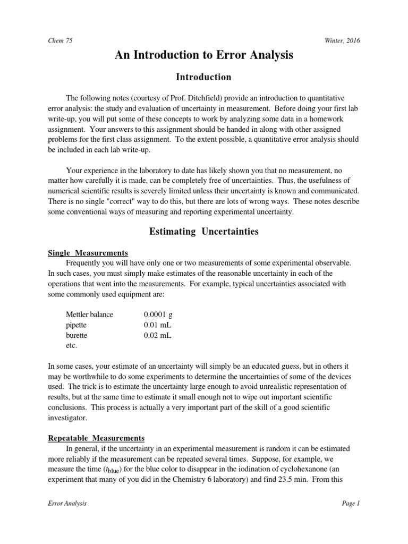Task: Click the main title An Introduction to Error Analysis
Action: pyautogui.click(x=204, y=55)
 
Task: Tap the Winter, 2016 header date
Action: pyautogui.click(x=341, y=41)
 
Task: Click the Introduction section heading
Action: pyautogui.click(x=204, y=78)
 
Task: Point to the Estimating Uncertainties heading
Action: pyautogui.click(x=204, y=232)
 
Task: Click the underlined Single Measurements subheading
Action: pyautogui.click(x=88, y=252)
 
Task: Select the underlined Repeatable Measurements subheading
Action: pyautogui.click(x=96, y=438)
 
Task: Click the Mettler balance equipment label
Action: pyautogui.click(x=89, y=314)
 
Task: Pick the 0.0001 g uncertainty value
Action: pyautogui.click(x=158, y=314)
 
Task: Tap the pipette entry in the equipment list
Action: pyautogui.click(x=76, y=325)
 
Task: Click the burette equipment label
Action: pyautogui.click(x=76, y=336)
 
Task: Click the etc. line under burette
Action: pyautogui.click(x=71, y=346)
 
